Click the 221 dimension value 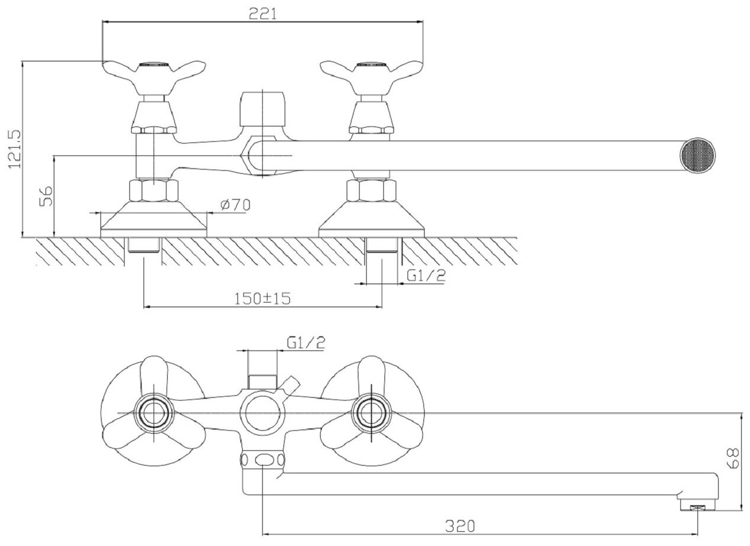coord(262,14)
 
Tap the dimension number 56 coord(46,196)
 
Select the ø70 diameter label coord(235,205)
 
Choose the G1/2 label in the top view coord(306,342)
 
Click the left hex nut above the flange coord(154,191)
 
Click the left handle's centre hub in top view coord(154,411)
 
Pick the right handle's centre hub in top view coord(371,411)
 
